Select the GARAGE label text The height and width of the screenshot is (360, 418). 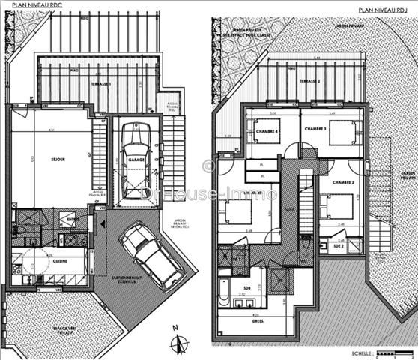tap(136, 160)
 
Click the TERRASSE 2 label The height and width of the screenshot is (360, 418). tap(309, 80)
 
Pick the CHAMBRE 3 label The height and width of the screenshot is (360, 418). tap(315, 129)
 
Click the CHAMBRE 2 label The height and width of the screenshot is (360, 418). tap(344, 182)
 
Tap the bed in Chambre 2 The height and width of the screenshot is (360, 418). tap(337, 205)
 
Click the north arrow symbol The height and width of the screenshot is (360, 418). tap(178, 343)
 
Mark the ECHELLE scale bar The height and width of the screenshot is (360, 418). tap(393, 352)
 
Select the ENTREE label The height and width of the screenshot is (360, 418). tap(72, 219)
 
